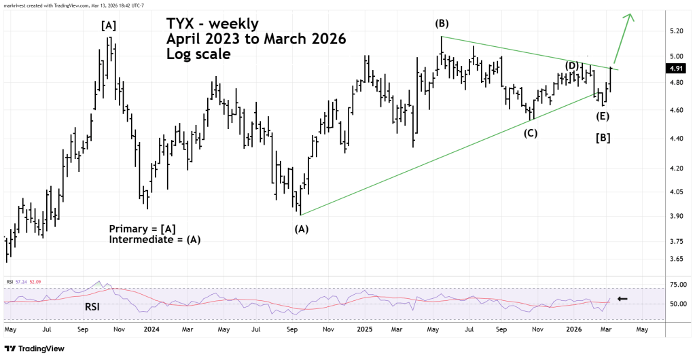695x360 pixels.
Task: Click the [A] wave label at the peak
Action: pyautogui.click(x=109, y=26)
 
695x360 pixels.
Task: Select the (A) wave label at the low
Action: pyautogui.click(x=301, y=229)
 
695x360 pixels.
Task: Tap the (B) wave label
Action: pyautogui.click(x=442, y=24)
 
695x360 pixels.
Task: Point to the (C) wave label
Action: pyautogui.click(x=530, y=133)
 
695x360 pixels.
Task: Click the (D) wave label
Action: pyautogui.click(x=573, y=65)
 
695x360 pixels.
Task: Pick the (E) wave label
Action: pyautogui.click(x=603, y=116)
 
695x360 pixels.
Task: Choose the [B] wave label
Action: pyautogui.click(x=603, y=138)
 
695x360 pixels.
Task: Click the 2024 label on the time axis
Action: pyautogui.click(x=152, y=329)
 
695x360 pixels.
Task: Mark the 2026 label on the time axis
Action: pyautogui.click(x=574, y=329)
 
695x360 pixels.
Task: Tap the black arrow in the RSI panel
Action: pyautogui.click(x=622, y=299)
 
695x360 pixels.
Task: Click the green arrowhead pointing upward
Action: pyautogui.click(x=631, y=16)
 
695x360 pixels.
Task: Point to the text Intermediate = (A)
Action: pyautogui.click(x=155, y=240)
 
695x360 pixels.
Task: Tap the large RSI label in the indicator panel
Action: pyautogui.click(x=94, y=306)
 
